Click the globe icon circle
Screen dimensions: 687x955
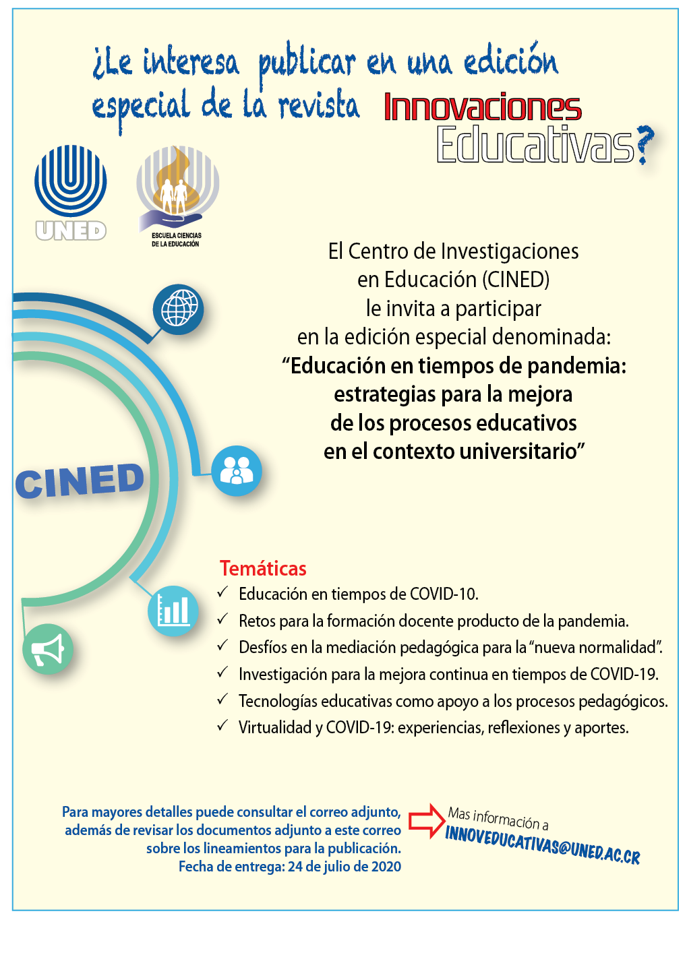click(x=178, y=309)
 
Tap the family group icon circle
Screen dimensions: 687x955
click(x=237, y=470)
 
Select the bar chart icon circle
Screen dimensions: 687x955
click(x=173, y=611)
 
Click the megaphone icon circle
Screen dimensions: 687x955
click(x=48, y=649)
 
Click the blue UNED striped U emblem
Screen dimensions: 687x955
click(x=71, y=181)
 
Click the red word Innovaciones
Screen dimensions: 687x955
click(x=482, y=106)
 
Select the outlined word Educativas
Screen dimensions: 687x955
click(x=535, y=144)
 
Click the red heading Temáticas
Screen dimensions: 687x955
click(x=263, y=568)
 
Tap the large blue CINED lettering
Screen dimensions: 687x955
click(x=80, y=481)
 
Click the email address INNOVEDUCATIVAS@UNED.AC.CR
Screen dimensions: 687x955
click(x=543, y=844)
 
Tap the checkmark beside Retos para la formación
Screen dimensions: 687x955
click(x=222, y=619)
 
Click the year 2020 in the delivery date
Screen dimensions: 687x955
click(x=386, y=866)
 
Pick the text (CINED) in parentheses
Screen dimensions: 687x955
click(x=516, y=280)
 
